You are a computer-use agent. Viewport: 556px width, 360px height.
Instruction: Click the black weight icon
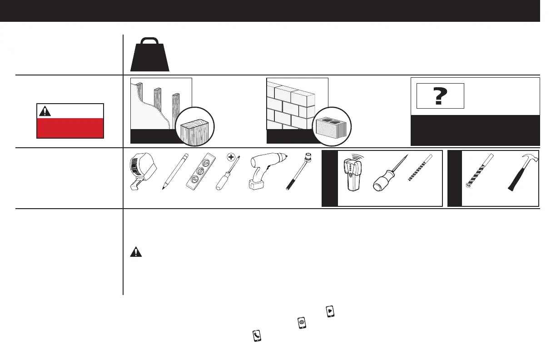[x=150, y=54]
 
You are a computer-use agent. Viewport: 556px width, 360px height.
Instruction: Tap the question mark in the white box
[x=439, y=96]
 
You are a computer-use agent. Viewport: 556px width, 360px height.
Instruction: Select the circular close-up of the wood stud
[x=196, y=127]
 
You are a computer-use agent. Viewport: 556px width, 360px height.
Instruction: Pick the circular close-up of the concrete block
[x=333, y=127]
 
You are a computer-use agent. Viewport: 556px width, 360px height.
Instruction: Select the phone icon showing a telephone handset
[x=257, y=335]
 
